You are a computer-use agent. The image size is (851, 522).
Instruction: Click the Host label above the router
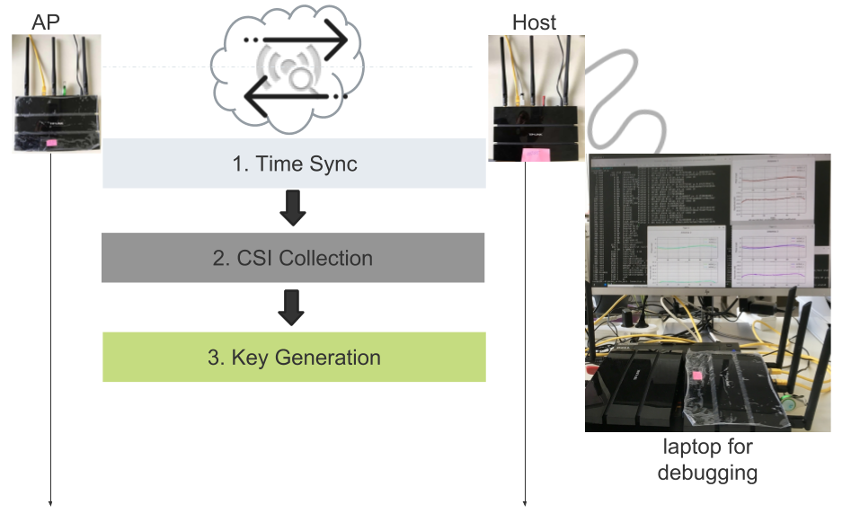click(534, 22)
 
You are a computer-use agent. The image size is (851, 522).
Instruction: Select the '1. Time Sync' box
click(294, 164)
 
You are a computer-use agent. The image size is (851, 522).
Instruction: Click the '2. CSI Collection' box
click(293, 258)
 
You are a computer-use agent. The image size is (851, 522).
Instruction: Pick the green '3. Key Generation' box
click(294, 357)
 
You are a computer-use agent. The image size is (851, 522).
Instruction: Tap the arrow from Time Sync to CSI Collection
click(293, 208)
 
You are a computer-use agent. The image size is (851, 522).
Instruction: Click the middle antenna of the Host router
click(537, 67)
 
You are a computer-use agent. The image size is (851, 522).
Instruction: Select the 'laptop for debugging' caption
click(708, 458)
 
